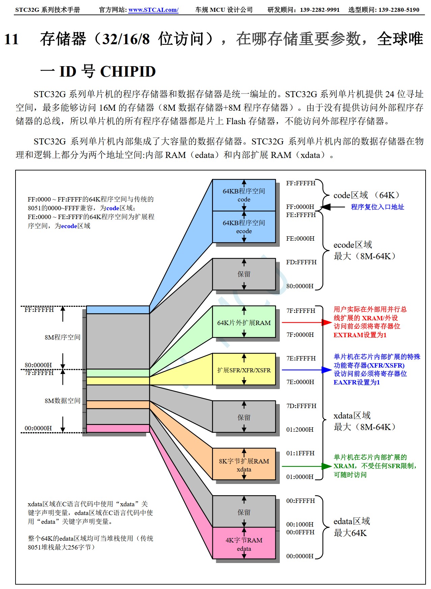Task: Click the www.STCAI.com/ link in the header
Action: click(153, 10)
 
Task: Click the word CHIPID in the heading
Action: click(128, 72)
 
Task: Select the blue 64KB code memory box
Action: click(244, 195)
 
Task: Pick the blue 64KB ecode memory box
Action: click(244, 227)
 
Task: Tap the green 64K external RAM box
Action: click(244, 322)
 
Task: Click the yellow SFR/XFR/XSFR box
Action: click(244, 370)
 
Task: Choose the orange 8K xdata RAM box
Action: click(244, 464)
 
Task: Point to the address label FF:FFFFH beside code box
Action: click(300, 183)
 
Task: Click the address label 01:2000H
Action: click(300, 429)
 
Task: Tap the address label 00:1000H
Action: click(300, 524)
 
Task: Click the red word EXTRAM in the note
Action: click(348, 335)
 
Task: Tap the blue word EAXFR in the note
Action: click(345, 382)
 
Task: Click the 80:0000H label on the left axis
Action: click(38, 365)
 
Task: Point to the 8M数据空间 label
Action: click(62, 401)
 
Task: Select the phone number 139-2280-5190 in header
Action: click(399, 10)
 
